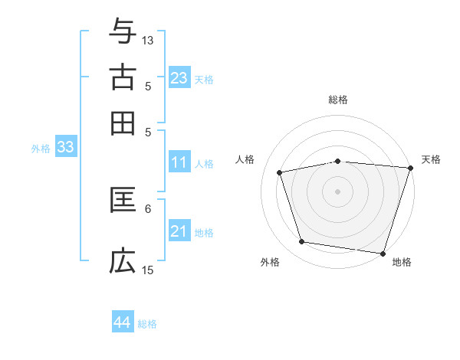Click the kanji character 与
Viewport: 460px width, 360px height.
pyautogui.click(x=123, y=32)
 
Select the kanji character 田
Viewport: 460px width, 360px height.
pyautogui.click(x=123, y=123)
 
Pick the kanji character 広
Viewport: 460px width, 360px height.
pyautogui.click(x=123, y=261)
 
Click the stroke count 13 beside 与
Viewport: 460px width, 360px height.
pyautogui.click(x=148, y=40)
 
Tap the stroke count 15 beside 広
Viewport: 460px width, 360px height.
pyautogui.click(x=148, y=270)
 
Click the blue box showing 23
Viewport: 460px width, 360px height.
pyautogui.click(x=179, y=78)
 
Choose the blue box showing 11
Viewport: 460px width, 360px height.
pyautogui.click(x=179, y=162)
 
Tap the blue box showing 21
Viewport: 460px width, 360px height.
pyautogui.click(x=179, y=231)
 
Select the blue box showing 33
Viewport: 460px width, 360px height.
pyautogui.click(x=65, y=147)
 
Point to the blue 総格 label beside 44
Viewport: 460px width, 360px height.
pyautogui.click(x=147, y=324)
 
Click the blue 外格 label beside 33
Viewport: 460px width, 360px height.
pyautogui.click(x=41, y=149)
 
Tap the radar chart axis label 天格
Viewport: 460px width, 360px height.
pyautogui.click(x=431, y=159)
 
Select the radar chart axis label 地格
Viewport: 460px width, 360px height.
pyautogui.click(x=402, y=262)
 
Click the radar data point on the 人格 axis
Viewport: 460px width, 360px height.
pyautogui.click(x=280, y=172)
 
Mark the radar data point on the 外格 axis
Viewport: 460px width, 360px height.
pyautogui.click(x=302, y=242)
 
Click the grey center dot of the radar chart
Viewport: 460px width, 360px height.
pyautogui.click(x=338, y=191)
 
